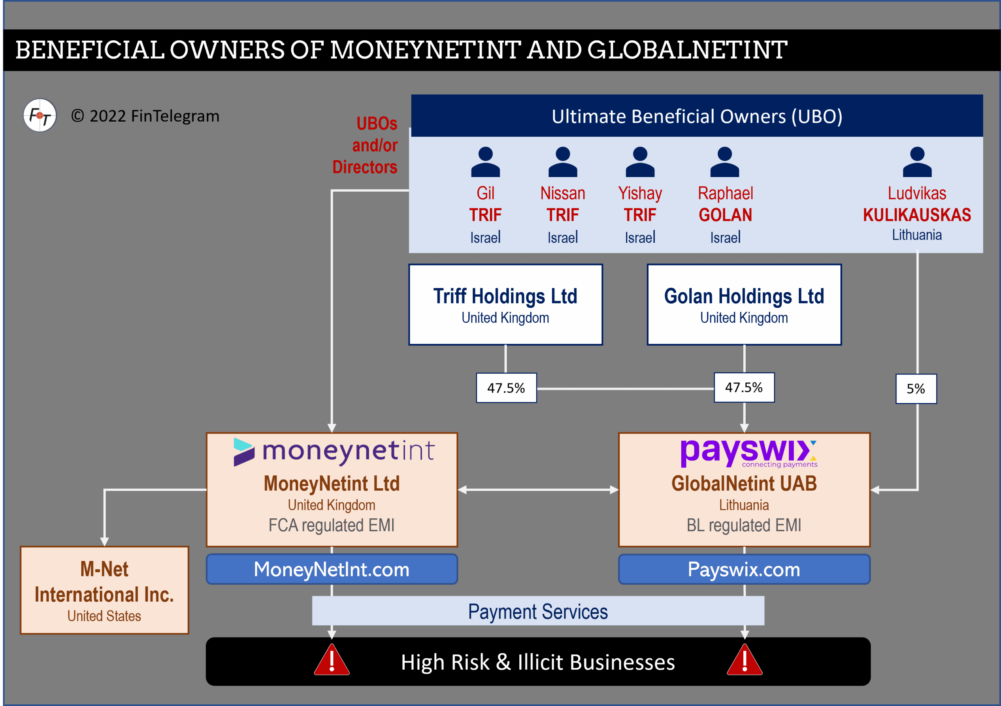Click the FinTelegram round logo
click(39, 115)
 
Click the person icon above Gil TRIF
click(485, 162)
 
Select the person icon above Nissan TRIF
click(562, 162)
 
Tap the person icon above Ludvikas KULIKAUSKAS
click(917, 162)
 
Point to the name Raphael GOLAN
click(725, 204)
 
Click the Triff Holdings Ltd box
click(505, 305)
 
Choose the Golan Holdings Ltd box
click(744, 305)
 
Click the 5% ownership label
click(916, 389)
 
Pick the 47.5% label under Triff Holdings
click(506, 388)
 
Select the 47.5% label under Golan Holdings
click(744, 387)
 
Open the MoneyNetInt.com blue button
click(332, 569)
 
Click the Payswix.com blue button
click(744, 569)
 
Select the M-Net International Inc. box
click(104, 590)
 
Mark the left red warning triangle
click(332, 661)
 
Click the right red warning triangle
click(744, 661)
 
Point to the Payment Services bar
click(538, 611)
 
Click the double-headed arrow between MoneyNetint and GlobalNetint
click(538, 490)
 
